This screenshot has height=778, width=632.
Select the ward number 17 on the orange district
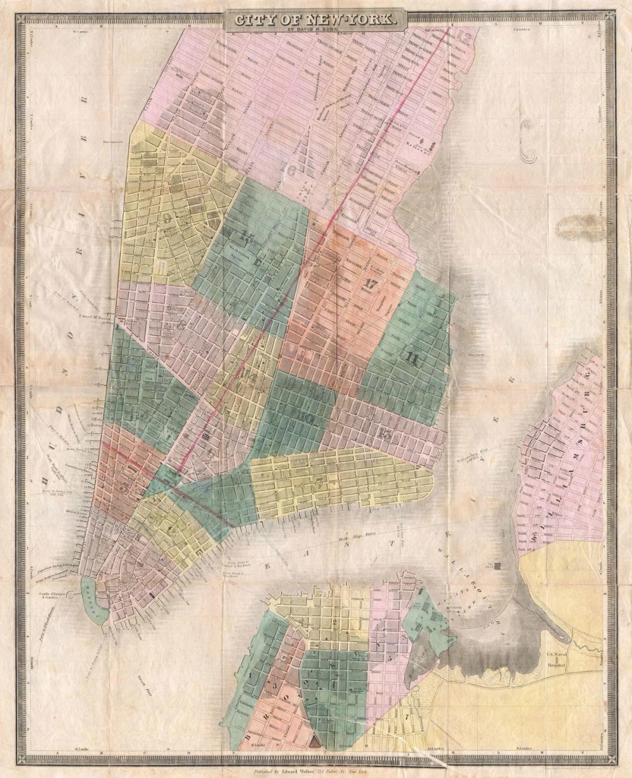click(370, 284)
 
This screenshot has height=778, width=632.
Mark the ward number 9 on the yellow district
click(168, 219)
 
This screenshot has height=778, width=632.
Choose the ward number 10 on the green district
click(307, 417)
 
